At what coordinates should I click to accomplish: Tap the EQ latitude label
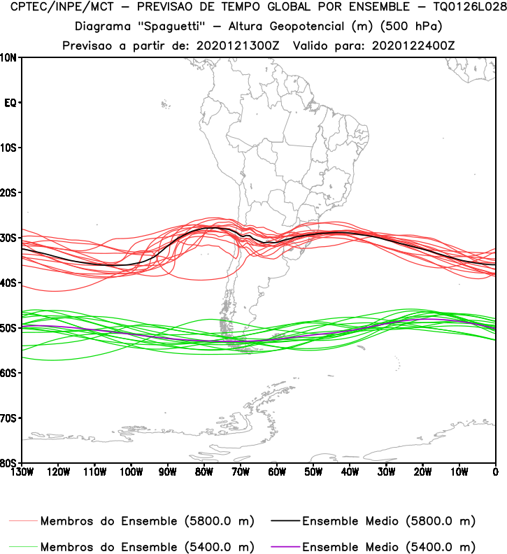(x=10, y=103)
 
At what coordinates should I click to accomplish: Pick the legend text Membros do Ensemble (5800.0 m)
(x=147, y=521)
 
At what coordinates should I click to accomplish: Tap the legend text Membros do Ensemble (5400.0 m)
(x=147, y=546)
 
